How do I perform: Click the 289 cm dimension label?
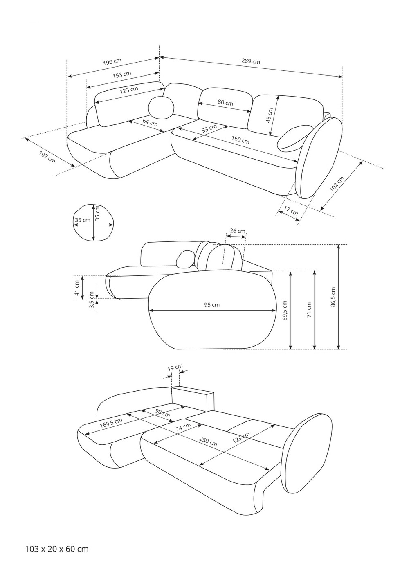[x=251, y=61]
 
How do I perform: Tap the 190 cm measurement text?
[x=112, y=62]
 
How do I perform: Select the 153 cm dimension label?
[x=122, y=75]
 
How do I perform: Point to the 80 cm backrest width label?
[x=225, y=102]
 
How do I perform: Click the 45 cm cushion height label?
[x=269, y=115]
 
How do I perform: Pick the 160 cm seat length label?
[x=240, y=140]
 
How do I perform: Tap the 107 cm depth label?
[x=47, y=157]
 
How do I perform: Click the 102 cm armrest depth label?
[x=337, y=184]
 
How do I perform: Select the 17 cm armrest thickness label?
[x=291, y=211]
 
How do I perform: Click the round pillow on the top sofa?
[x=161, y=108]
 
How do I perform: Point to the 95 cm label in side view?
[x=212, y=305]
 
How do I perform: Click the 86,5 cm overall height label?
[x=333, y=297]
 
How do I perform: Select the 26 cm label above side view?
[x=238, y=230]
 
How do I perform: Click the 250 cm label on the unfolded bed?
[x=208, y=442]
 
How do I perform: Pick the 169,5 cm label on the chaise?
[x=111, y=423]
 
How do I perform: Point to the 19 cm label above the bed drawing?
[x=175, y=367]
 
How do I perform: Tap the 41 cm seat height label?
[x=77, y=288]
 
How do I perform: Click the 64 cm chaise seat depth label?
[x=150, y=122]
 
